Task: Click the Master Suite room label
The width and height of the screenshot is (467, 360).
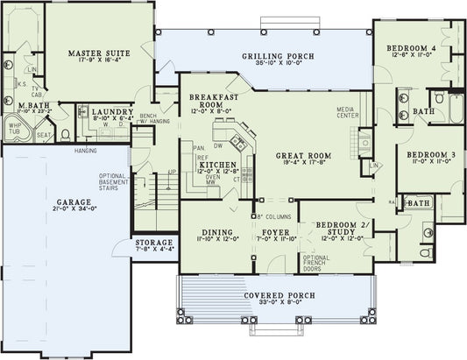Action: tap(99, 53)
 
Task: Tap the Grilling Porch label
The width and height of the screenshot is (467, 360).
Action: tap(278, 57)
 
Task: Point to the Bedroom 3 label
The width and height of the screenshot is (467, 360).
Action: tap(429, 154)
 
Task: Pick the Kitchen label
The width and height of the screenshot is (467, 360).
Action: tap(215, 165)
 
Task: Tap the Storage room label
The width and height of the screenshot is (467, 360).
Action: tap(153, 244)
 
